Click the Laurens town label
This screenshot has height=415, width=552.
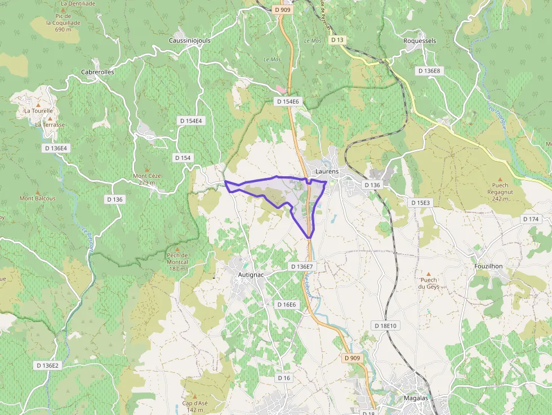pyautogui.click(x=327, y=171)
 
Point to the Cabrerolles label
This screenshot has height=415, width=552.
pyautogui.click(x=97, y=72)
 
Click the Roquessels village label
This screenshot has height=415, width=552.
pyautogui.click(x=420, y=41)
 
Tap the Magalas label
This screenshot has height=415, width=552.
pyautogui.click(x=416, y=398)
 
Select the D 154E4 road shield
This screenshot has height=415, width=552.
pyautogui.click(x=191, y=121)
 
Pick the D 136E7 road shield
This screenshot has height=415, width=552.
pyautogui.click(x=300, y=266)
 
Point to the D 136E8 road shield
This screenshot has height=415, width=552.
pyautogui.click(x=430, y=71)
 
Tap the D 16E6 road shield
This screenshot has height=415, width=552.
pyautogui.click(x=286, y=304)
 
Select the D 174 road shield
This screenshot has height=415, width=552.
pyautogui.click(x=531, y=219)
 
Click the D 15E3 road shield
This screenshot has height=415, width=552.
pyautogui.click(x=420, y=203)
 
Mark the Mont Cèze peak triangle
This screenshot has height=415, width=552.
pyautogui.click(x=148, y=169)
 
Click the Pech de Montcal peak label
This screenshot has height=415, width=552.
pyautogui.click(x=177, y=261)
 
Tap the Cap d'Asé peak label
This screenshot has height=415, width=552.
pyautogui.click(x=195, y=407)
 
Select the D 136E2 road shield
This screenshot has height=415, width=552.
pyautogui.click(x=47, y=365)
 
